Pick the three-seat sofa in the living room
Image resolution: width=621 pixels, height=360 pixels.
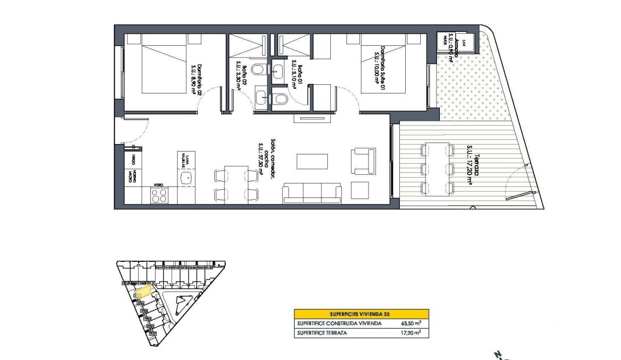312,193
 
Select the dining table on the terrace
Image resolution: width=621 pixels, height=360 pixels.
437,168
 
